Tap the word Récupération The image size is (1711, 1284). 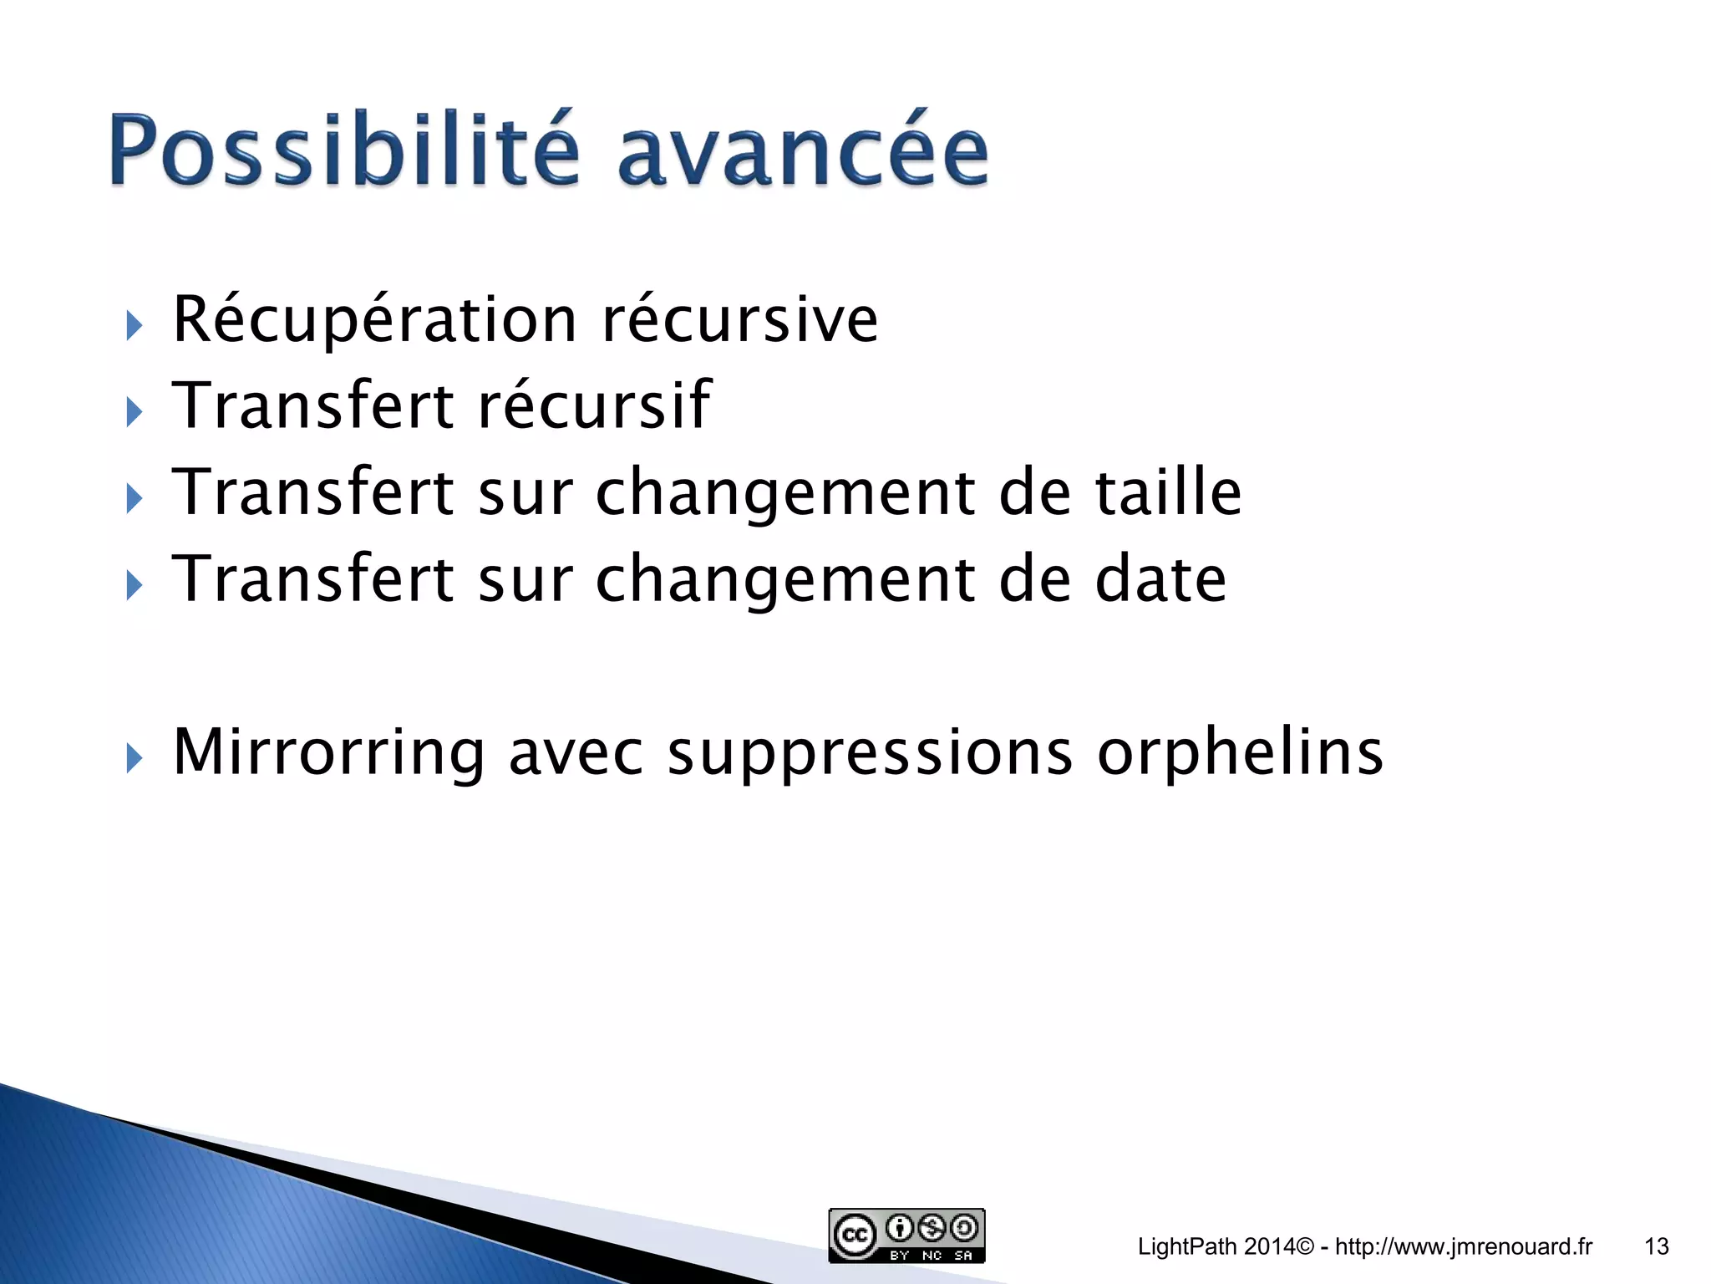pos(374,321)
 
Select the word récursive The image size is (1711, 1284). pos(739,321)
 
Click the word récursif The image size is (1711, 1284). pos(593,406)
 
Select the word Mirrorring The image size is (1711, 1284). pos(327,752)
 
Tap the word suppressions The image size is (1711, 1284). pos(870,755)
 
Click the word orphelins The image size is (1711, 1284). pos(1240,752)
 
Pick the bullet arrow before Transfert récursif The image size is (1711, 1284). pos(134,412)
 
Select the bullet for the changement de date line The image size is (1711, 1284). pos(134,585)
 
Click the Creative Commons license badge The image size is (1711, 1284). pos(906,1235)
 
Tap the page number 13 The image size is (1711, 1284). pos(1656,1246)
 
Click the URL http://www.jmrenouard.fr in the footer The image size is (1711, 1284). pos(1464,1246)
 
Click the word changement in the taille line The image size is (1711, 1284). pos(784,495)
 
